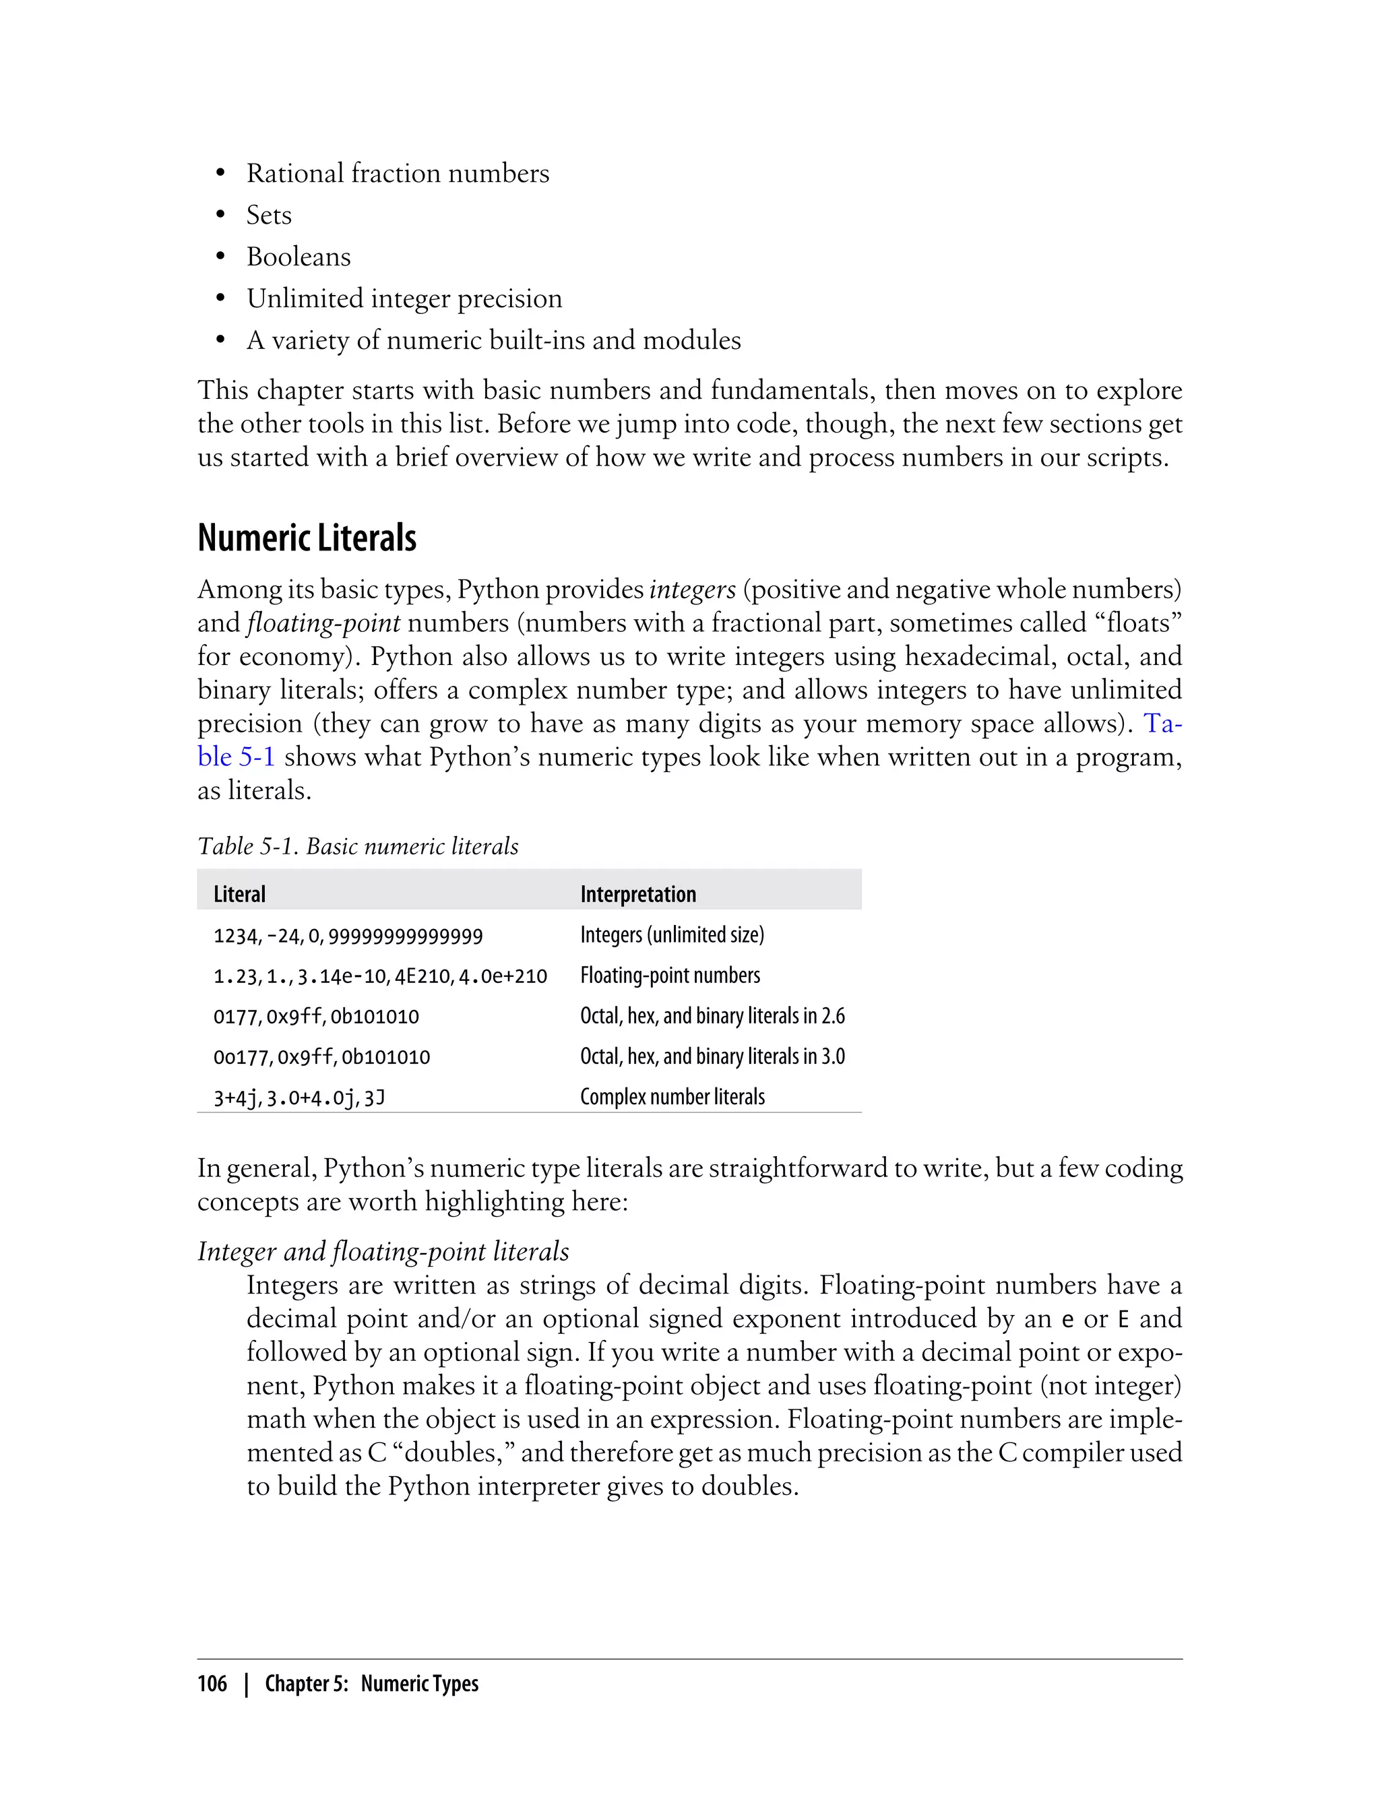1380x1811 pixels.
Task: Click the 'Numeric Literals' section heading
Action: (307, 539)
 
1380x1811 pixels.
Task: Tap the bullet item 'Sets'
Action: (269, 215)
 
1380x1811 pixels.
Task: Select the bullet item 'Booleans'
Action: (299, 257)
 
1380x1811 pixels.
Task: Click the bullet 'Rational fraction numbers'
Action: (398, 173)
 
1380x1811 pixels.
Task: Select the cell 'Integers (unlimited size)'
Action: (672, 934)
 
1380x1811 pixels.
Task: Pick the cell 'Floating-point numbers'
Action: (670, 975)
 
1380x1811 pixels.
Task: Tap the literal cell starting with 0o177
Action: (321, 1057)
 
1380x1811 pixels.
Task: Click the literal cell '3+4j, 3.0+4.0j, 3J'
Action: (299, 1098)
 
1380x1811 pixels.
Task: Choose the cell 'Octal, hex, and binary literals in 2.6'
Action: (712, 1016)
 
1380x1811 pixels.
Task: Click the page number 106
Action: (212, 1684)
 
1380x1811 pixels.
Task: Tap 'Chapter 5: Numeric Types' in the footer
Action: (371, 1684)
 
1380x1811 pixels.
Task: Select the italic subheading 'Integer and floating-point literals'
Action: (383, 1251)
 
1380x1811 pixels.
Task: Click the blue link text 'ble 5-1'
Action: (236, 757)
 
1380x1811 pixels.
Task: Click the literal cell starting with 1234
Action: (348, 935)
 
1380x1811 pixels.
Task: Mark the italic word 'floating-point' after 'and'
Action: (323, 623)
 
